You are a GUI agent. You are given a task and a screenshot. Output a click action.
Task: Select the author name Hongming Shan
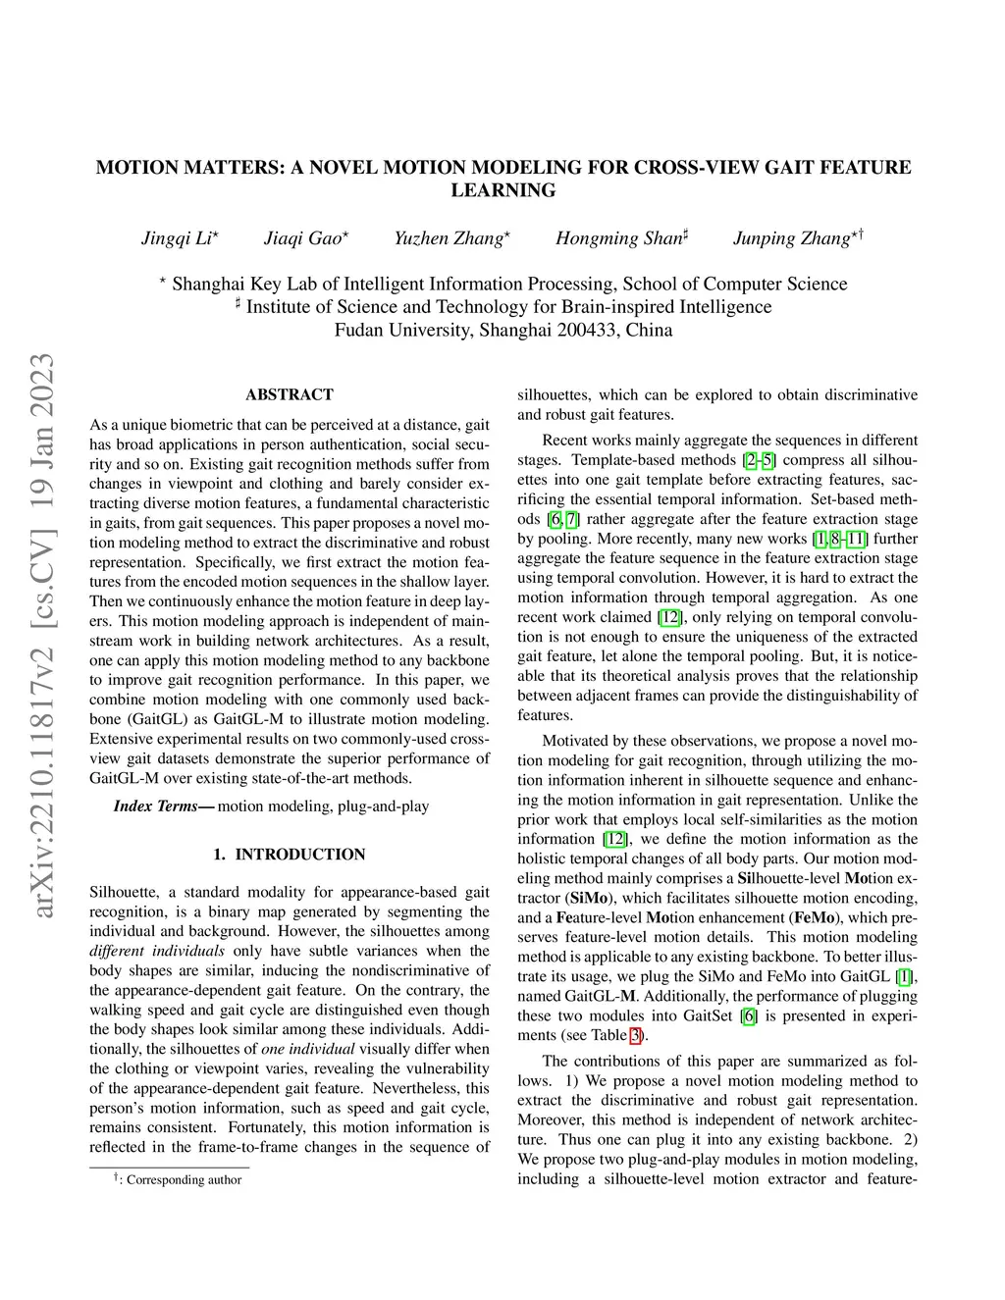(x=618, y=238)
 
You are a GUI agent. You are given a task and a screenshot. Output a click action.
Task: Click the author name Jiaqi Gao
(x=303, y=238)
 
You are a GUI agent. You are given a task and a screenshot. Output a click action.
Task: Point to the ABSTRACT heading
(x=290, y=394)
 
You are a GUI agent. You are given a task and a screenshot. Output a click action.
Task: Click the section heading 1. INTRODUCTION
(x=290, y=855)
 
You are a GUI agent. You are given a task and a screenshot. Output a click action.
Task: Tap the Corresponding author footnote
(x=184, y=1179)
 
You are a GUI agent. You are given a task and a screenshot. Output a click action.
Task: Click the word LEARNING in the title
(x=502, y=190)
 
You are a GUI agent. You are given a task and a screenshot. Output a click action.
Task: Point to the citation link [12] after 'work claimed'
(x=668, y=617)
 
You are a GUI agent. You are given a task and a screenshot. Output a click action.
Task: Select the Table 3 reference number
(x=635, y=1035)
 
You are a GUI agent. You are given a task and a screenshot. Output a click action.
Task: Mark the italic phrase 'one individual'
(x=307, y=1049)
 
